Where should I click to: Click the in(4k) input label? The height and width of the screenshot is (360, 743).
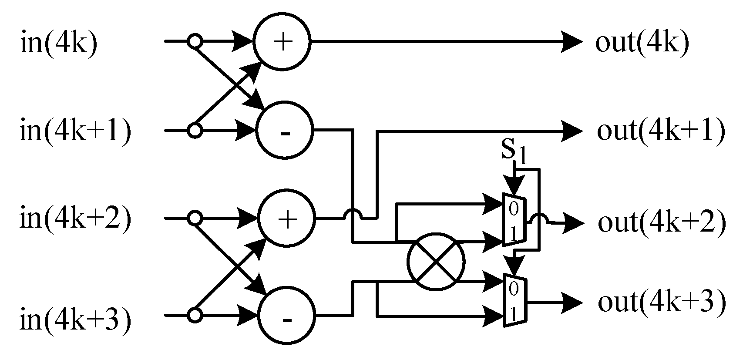pos(58,44)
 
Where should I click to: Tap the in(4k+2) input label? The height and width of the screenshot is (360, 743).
pos(75,219)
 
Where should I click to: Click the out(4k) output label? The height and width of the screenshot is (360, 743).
pos(642,44)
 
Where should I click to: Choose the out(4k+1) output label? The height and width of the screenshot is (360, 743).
pos(661,131)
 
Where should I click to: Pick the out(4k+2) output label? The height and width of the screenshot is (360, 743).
pos(662,222)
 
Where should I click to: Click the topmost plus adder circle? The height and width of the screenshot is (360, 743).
pos(282,42)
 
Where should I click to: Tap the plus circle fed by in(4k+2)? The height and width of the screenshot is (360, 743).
pos(286,217)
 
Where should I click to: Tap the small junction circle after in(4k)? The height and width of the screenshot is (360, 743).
pos(195,42)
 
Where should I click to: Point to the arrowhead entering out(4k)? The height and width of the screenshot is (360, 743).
pos(572,42)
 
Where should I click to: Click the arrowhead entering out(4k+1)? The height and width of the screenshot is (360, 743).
pos(572,130)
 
